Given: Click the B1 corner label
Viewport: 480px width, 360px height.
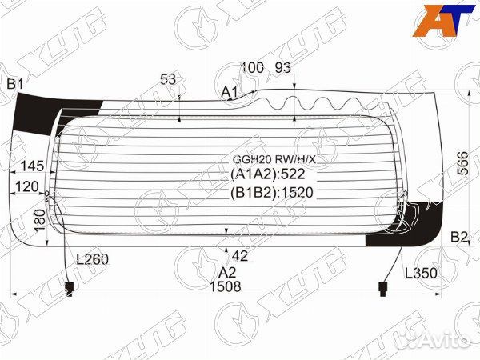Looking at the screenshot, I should (x=15, y=84).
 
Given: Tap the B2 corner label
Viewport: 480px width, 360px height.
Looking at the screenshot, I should (x=459, y=236).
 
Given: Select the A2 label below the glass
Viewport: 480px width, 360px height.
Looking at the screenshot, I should (x=228, y=272).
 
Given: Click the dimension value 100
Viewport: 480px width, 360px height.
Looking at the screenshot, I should (x=252, y=68).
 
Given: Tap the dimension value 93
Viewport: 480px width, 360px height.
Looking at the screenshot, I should (x=283, y=68).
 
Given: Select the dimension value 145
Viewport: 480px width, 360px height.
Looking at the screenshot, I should (x=33, y=166).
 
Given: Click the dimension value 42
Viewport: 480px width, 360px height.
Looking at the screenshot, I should (x=239, y=256).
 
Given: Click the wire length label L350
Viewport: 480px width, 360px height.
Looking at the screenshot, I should (x=421, y=274).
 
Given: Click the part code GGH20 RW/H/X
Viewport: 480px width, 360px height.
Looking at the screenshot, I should (x=268, y=158).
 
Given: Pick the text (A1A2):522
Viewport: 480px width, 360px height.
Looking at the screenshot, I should (x=268, y=174).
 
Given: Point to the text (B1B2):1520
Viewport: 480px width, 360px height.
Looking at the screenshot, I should (x=272, y=192).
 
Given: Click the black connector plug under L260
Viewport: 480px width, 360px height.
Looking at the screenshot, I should (x=68, y=286).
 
